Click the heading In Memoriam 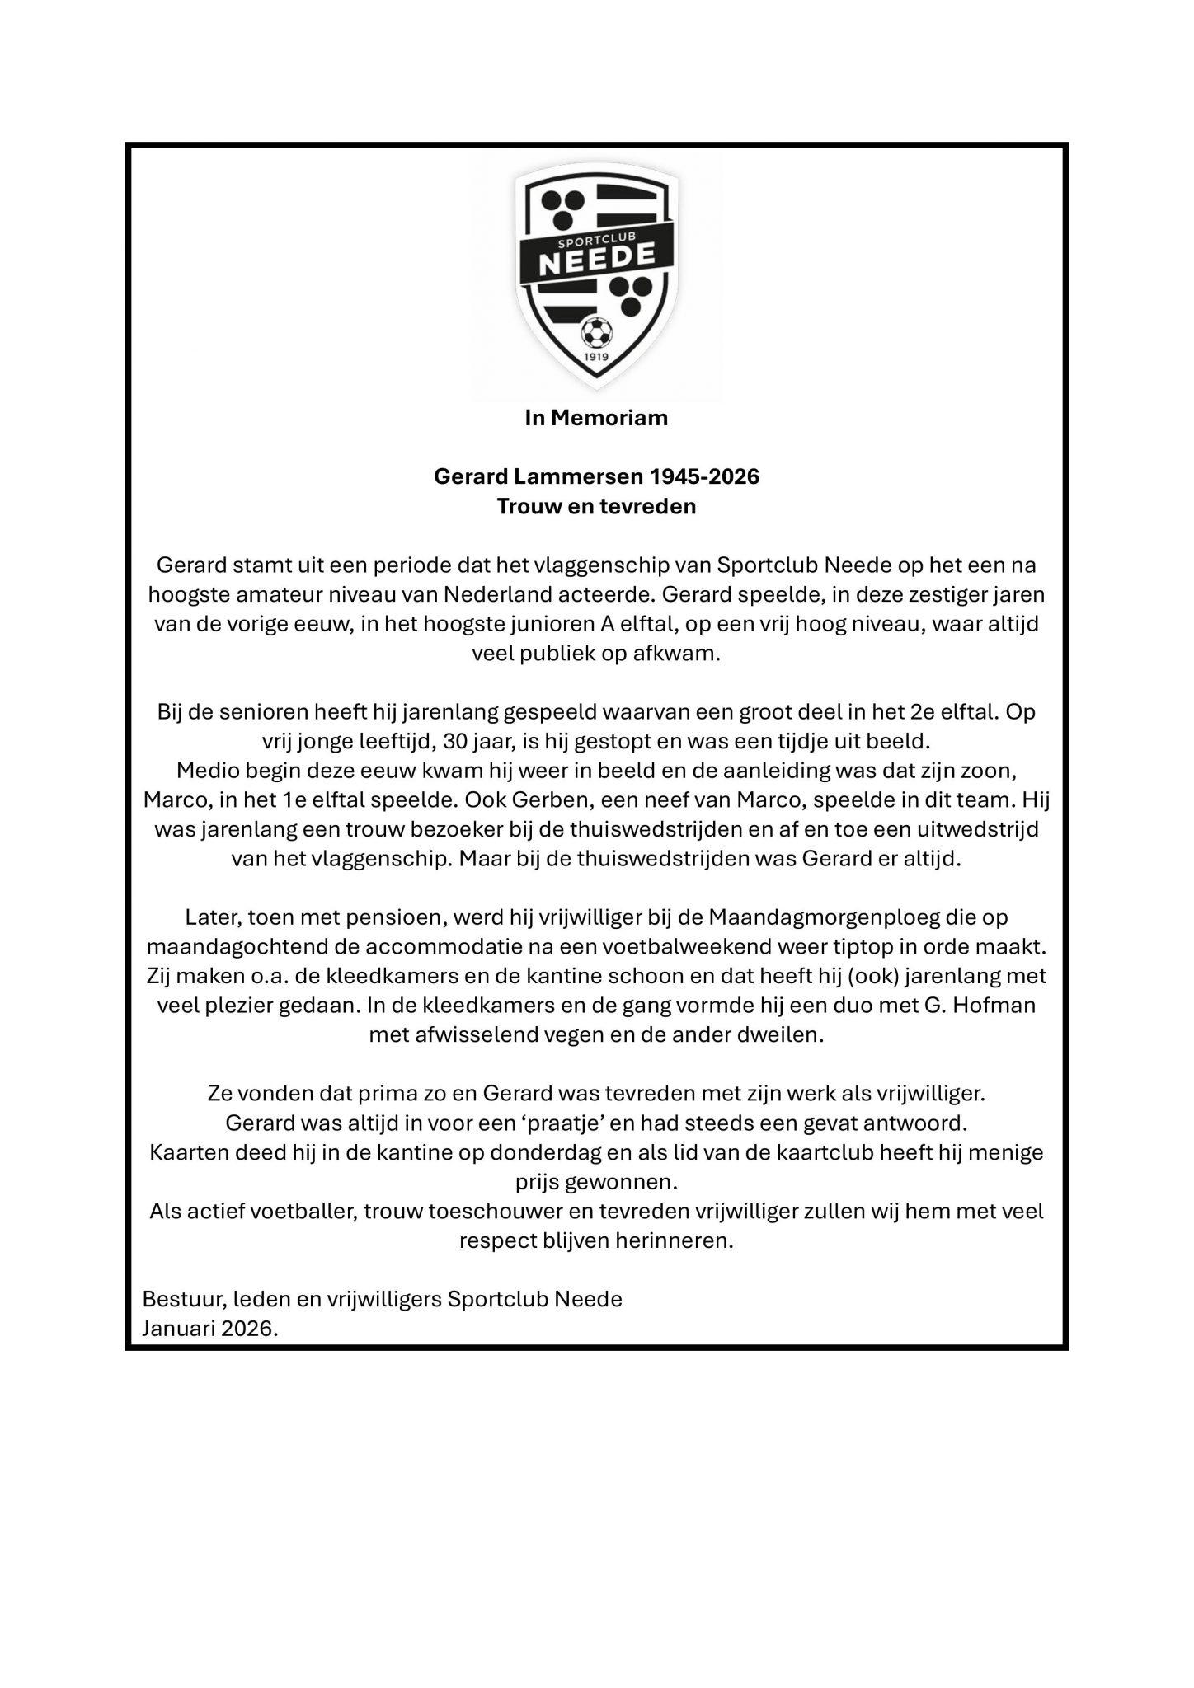596,418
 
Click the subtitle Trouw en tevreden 596,506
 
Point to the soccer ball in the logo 595,333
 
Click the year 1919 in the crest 595,358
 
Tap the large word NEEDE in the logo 596,260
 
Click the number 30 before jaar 456,740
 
